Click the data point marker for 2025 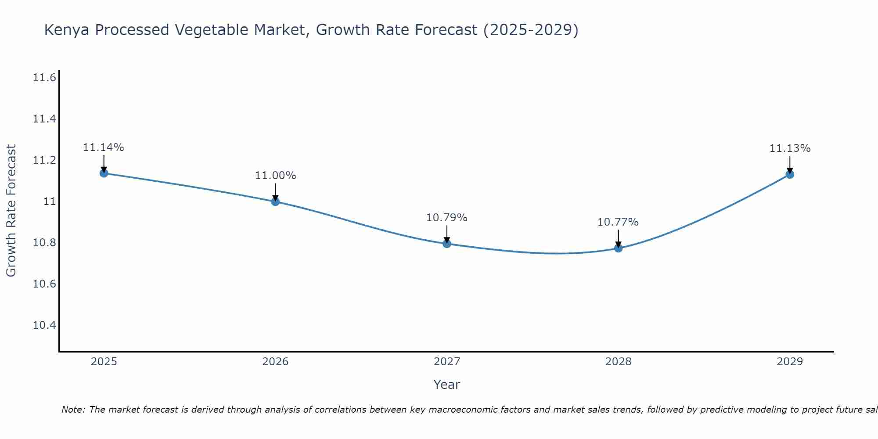point(104,173)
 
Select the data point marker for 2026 point(275,202)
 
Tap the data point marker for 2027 point(447,244)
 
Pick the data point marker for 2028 point(618,248)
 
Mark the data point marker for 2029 point(790,174)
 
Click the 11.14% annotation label point(104,148)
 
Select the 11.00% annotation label point(275,176)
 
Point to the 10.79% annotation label point(447,218)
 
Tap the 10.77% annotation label point(618,222)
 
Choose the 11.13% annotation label point(790,148)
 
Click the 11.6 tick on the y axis point(44,78)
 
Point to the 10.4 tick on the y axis point(44,325)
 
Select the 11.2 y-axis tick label point(44,160)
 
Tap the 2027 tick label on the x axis point(447,362)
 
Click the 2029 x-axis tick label point(790,362)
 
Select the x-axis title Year point(447,385)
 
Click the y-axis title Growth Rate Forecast point(11,211)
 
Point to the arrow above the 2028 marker point(618,238)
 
